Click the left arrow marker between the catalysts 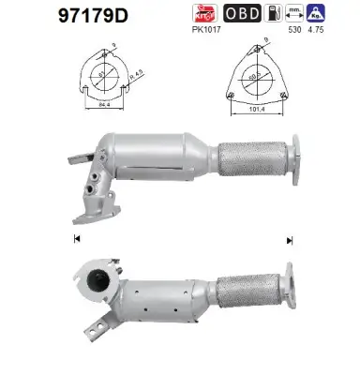75,239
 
